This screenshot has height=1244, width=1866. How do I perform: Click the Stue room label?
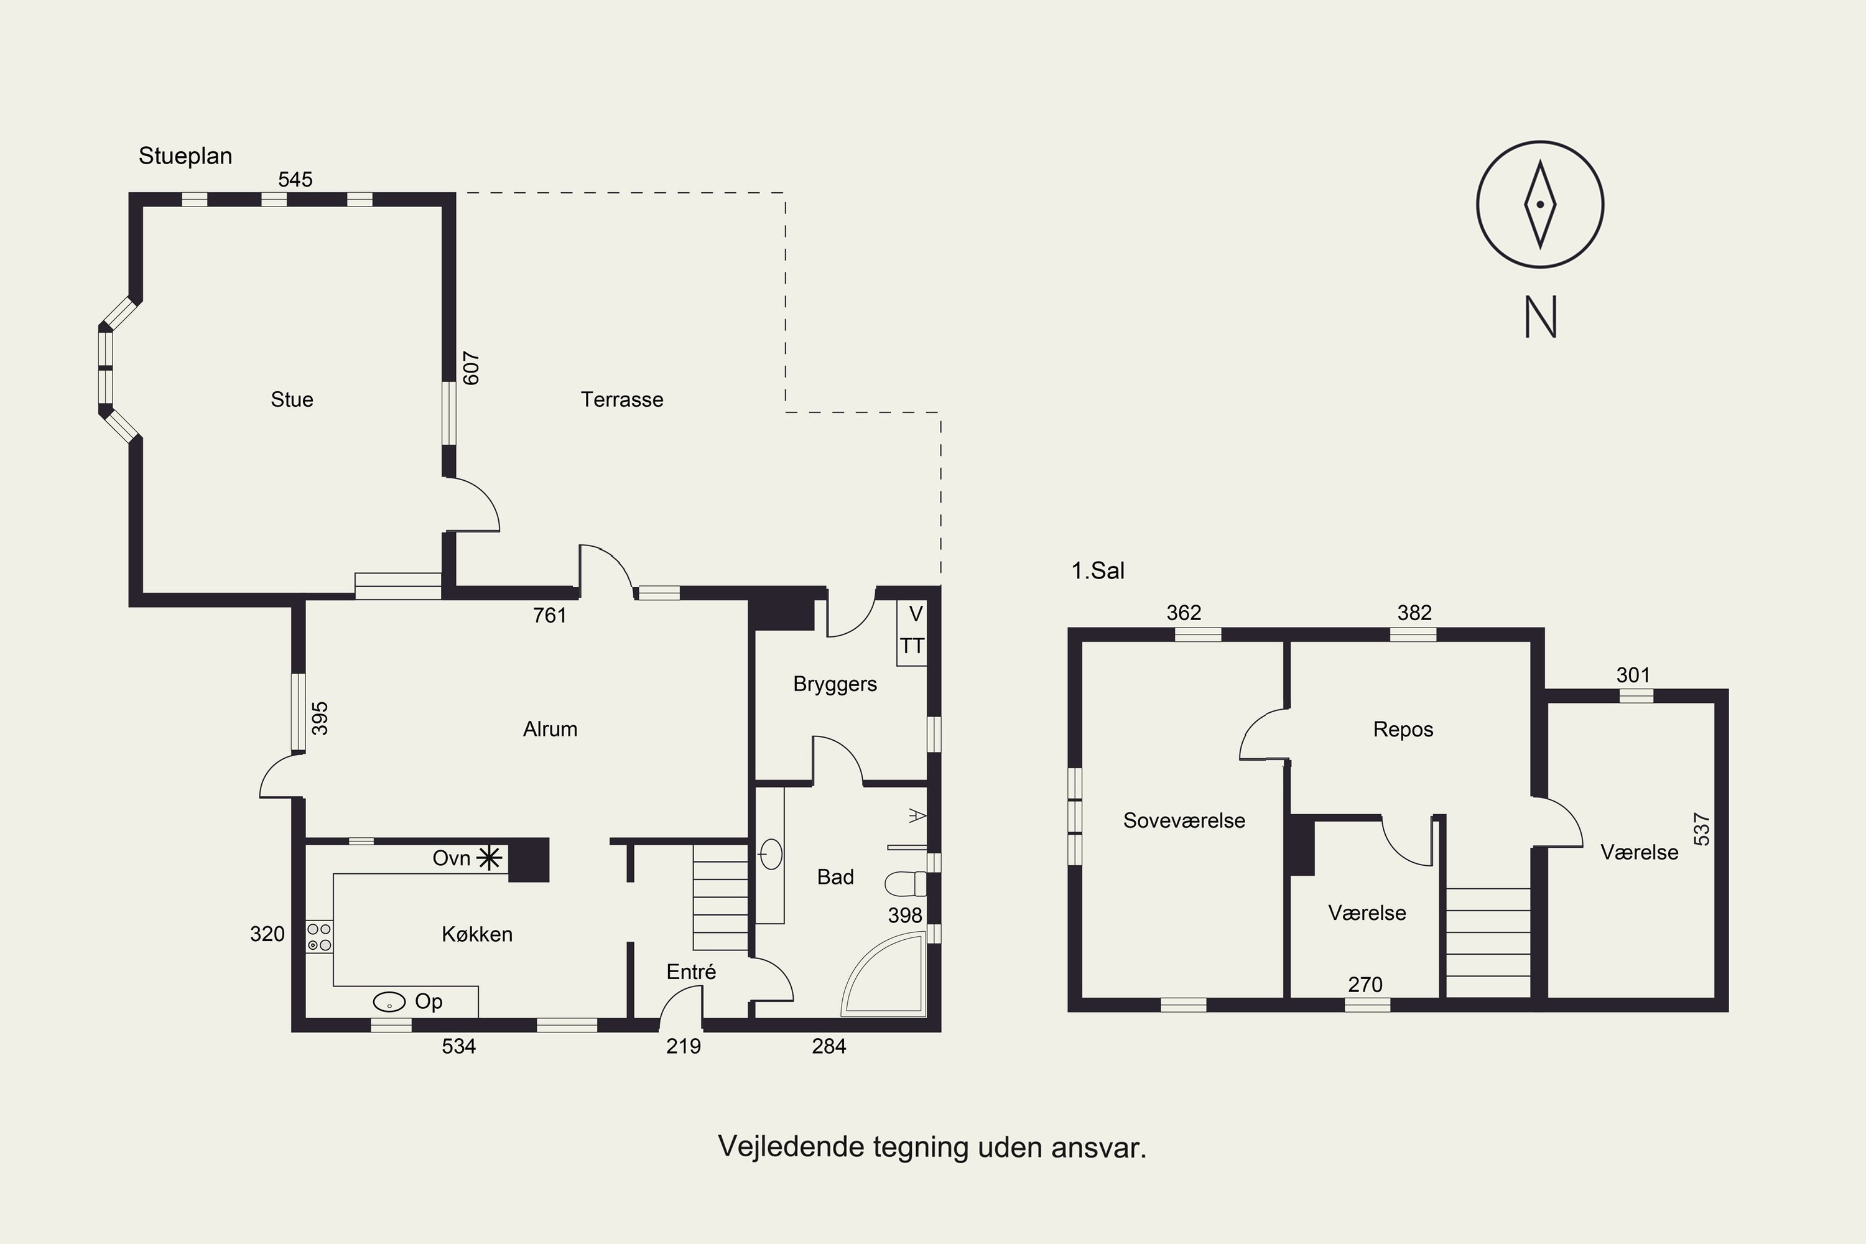292,399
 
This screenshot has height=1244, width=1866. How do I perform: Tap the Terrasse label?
622,399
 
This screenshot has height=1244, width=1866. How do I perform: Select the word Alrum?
550,729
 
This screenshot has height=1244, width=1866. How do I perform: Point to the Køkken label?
477,934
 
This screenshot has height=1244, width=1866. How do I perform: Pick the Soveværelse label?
1184,820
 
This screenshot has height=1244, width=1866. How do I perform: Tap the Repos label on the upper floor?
1403,730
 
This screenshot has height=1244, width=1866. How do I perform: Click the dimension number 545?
295,179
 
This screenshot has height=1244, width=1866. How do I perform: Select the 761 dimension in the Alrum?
550,615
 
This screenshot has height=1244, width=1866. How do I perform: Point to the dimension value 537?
1701,829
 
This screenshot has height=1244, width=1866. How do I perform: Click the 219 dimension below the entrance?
683,1046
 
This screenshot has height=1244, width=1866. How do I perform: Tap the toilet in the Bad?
905,883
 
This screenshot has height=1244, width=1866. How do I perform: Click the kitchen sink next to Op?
389,1002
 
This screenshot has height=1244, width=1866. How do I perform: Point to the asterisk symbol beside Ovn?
490,858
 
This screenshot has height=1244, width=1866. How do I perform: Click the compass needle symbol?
1540,205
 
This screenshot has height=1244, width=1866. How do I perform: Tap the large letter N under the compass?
1541,317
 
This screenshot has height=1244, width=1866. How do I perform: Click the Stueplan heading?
185,156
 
